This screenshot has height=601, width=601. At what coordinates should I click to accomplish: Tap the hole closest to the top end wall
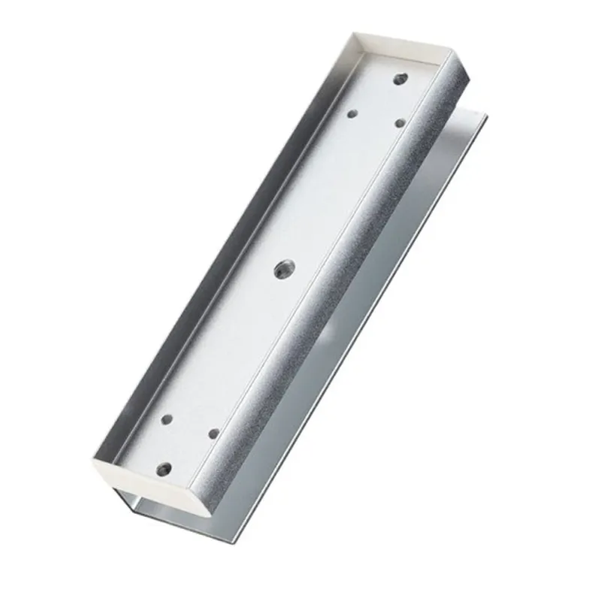(400, 77)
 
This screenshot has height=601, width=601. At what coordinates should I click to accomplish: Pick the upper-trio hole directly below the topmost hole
(400, 122)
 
